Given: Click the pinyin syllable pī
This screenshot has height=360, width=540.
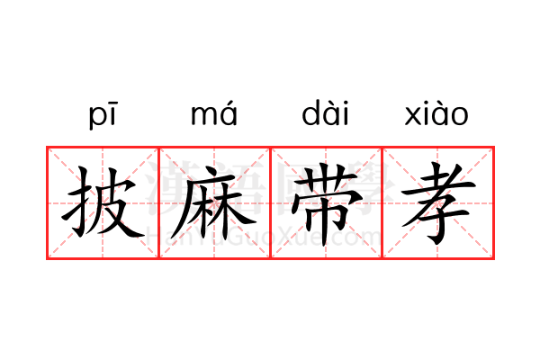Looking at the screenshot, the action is tap(103, 115).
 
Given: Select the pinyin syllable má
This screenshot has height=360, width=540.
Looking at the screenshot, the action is tap(214, 113).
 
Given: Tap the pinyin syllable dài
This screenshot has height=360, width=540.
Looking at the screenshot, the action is tap(325, 112).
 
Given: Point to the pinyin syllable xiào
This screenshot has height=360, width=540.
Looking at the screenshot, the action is tap(436, 113).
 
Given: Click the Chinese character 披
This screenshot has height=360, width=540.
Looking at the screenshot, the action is tap(103, 202).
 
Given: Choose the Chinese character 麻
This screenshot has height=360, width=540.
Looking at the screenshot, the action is tap(213, 202).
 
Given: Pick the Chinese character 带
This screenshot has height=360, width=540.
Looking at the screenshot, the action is tap(327, 204).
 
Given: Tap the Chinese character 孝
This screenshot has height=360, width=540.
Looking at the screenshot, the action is tap(438, 203).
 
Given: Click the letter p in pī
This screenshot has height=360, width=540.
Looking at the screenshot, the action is tap(96, 117).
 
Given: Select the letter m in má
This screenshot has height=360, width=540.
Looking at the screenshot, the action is tap(203, 115).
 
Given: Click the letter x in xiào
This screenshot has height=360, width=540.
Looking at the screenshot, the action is tap(412, 116).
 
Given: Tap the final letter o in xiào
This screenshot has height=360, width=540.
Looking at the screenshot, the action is tap(459, 116).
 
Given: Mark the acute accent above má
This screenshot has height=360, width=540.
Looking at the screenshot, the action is tap(229, 103).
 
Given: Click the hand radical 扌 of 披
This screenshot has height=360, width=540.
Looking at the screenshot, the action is tap(76, 202).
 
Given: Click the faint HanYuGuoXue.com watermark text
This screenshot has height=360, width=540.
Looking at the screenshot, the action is tap(264, 237).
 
